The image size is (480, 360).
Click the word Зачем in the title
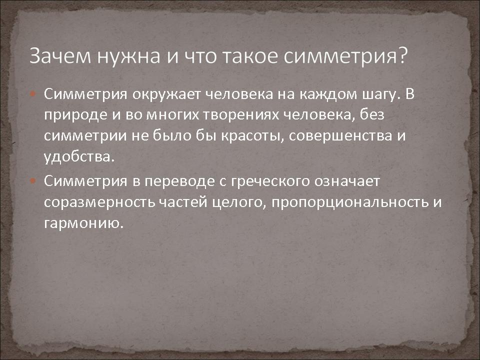pos(60,55)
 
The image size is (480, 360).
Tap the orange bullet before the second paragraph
pos(33,180)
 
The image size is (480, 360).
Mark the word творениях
pos(241,115)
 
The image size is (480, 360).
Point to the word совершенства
pos(340,136)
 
